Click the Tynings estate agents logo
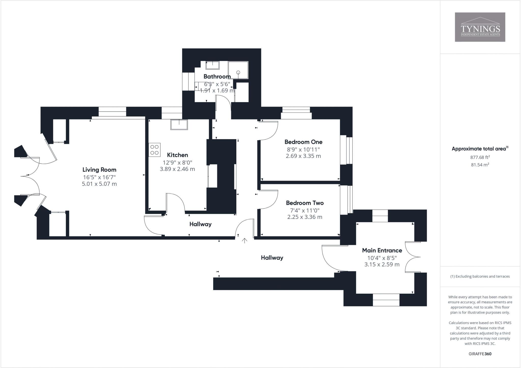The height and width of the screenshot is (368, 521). click(x=480, y=27)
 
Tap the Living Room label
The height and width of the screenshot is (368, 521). click(x=99, y=170)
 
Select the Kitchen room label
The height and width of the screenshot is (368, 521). click(x=177, y=155)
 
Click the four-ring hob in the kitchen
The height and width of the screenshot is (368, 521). click(x=154, y=150)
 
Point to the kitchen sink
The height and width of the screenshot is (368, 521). click(x=179, y=125)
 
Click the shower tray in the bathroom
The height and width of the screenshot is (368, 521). click(x=238, y=70)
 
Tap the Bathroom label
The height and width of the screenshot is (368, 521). click(x=217, y=76)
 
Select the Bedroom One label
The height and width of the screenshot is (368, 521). click(x=303, y=142)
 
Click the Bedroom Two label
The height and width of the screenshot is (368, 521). click(x=305, y=203)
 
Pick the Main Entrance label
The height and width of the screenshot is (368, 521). click(x=382, y=250)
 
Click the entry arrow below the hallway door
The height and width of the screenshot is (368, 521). click(x=244, y=240)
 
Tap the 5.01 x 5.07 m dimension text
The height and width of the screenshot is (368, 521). click(x=99, y=184)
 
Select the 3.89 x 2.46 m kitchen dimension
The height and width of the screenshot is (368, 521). click(x=177, y=169)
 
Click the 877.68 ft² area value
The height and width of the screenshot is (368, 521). click(x=480, y=157)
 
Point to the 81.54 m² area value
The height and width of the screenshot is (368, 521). click(x=480, y=165)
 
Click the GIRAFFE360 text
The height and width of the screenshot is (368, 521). click(x=480, y=354)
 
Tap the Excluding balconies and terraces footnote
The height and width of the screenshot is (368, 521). click(x=480, y=276)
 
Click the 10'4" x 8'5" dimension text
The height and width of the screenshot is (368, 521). click(x=382, y=258)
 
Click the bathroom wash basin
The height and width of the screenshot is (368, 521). click(x=212, y=65)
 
